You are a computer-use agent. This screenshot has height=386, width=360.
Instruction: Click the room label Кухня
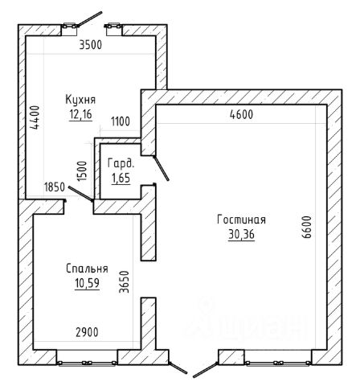[80, 100]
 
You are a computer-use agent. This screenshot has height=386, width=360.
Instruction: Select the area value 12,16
[80, 114]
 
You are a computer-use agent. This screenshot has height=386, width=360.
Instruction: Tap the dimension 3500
[91, 45]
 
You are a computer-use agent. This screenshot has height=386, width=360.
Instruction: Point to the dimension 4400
[35, 117]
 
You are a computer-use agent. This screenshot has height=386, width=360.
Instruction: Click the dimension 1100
[121, 121]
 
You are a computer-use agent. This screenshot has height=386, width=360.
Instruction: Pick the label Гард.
[121, 163]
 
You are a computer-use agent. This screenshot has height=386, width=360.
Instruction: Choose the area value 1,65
[121, 178]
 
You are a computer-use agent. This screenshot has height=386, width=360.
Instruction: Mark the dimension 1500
[82, 171]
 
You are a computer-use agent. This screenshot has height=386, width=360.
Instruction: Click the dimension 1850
[55, 187]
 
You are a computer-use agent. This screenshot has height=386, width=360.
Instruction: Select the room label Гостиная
[241, 220]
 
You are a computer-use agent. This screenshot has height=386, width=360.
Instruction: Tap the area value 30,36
[241, 235]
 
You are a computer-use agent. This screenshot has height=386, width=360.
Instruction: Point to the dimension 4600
[241, 115]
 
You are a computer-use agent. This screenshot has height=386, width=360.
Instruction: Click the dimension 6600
[307, 227]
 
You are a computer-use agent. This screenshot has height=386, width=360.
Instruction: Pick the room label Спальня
[87, 269]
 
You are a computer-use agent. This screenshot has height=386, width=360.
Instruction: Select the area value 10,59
[87, 283]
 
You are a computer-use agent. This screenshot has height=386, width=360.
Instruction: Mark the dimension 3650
[124, 281]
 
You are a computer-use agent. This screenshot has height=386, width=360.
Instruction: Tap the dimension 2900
[87, 333]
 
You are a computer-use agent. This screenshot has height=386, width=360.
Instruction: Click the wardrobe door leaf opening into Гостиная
[161, 168]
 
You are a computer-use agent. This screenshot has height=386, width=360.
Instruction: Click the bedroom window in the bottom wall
[87, 363]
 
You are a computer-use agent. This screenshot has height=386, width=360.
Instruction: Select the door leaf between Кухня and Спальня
[81, 194]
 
